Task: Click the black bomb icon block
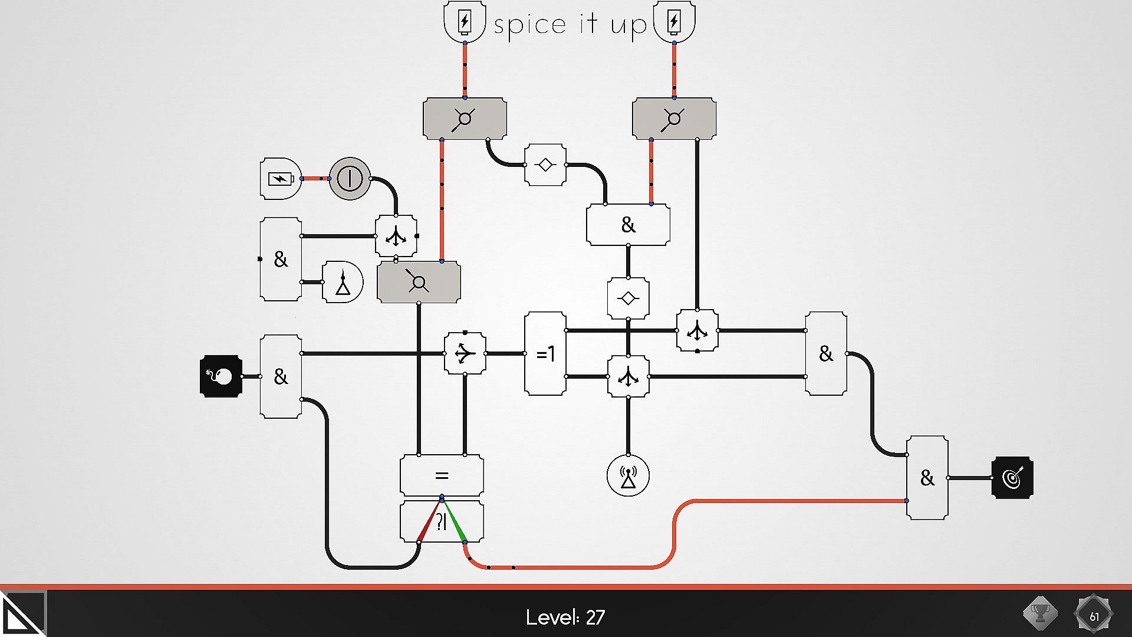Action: [x=221, y=376]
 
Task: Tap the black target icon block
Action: [x=1012, y=477]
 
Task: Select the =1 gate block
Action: [x=545, y=353]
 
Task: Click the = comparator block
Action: [x=442, y=475]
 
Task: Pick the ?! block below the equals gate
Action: [x=442, y=522]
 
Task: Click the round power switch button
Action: [x=350, y=178]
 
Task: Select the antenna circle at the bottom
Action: [x=628, y=475]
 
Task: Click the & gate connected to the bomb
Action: [x=281, y=376]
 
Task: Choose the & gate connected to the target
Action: [x=927, y=477]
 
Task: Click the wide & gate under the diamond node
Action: [x=628, y=225]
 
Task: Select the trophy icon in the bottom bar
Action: [x=1040, y=613]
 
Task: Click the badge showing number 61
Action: [x=1094, y=616]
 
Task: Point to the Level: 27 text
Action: [x=565, y=617]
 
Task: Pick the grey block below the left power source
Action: [x=465, y=119]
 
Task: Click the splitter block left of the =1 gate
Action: [x=465, y=353]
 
